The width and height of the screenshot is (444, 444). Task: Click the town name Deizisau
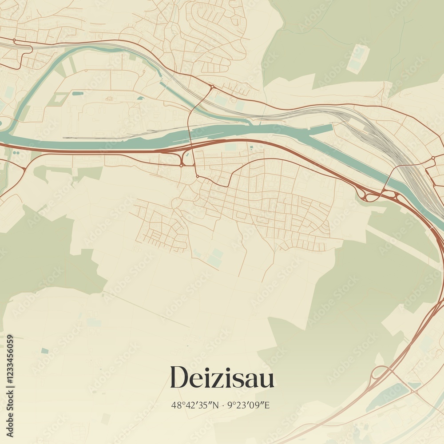click(222, 378)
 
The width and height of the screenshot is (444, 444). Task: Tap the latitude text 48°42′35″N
click(195, 405)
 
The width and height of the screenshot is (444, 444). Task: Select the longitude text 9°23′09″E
click(248, 405)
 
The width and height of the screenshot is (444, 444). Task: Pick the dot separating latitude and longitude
click(222, 405)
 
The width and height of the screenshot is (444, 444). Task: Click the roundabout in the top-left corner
click(14, 40)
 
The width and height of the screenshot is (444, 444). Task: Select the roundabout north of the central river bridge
click(212, 87)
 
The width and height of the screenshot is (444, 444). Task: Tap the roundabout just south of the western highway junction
click(182, 165)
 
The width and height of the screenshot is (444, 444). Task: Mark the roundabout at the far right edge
click(433, 158)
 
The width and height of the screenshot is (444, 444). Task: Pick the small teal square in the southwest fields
click(44, 351)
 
